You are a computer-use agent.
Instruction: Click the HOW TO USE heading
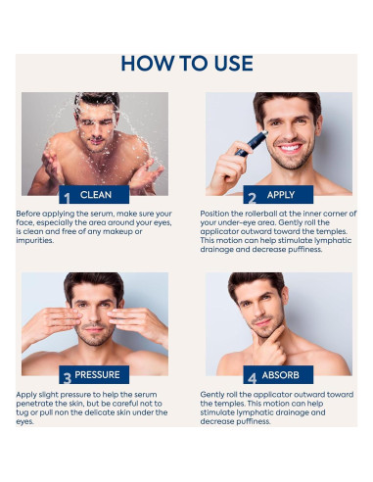click(x=186, y=64)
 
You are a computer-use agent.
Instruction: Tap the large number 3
click(x=67, y=376)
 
